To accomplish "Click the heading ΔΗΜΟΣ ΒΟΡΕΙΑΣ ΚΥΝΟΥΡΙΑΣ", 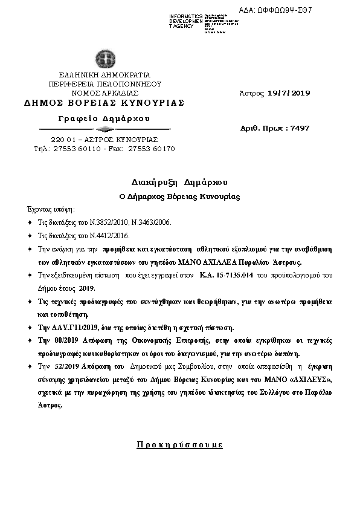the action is (x=104, y=103).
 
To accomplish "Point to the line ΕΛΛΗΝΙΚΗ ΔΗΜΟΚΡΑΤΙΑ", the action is (x=104, y=75).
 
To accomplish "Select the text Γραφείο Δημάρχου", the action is (x=104, y=118).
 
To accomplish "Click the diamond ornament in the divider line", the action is (x=103, y=129).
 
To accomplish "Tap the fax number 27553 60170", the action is (x=149, y=149).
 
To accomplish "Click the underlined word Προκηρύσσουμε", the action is (x=179, y=445).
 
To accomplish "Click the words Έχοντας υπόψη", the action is (x=51, y=209).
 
